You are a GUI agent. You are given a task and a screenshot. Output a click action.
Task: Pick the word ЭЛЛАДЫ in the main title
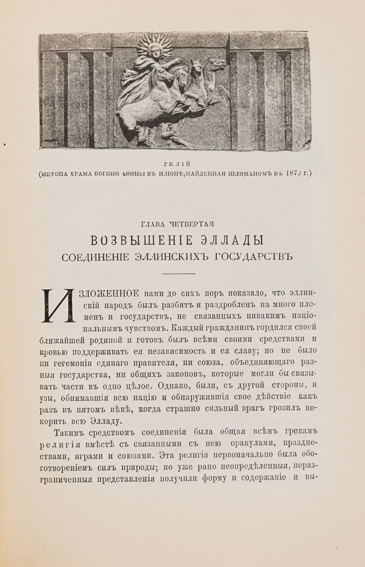(x=231, y=240)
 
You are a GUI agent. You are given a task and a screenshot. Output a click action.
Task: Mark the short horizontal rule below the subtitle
(x=177, y=273)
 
